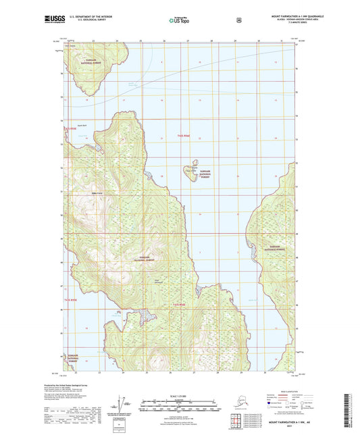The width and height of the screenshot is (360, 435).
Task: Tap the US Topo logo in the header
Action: [x=179, y=21]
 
